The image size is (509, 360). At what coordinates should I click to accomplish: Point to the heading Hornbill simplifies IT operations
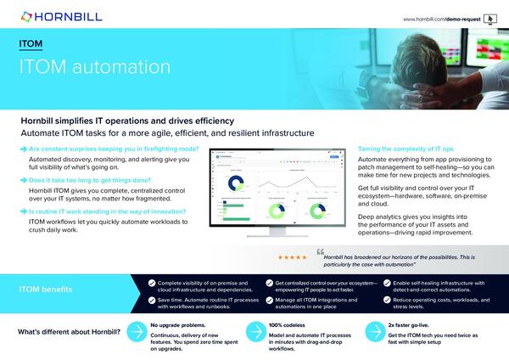point(126,121)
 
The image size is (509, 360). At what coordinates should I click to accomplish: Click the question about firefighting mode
point(114,149)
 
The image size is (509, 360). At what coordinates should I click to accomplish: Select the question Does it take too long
point(94,181)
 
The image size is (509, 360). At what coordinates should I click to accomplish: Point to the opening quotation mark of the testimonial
point(321,252)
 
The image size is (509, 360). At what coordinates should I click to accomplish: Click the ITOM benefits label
point(53,290)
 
